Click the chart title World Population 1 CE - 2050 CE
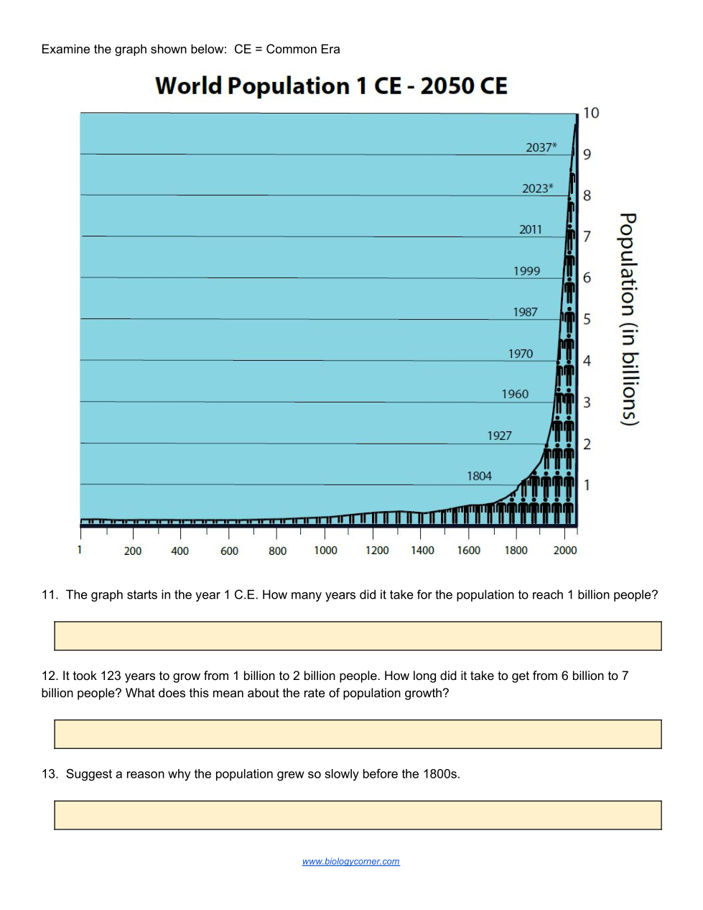point(331,86)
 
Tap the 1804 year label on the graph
point(479,476)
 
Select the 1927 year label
point(499,436)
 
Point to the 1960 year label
point(515,394)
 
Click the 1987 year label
point(525,312)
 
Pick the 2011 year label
point(531,229)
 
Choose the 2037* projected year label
point(541,147)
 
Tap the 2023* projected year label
point(537,188)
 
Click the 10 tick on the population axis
point(591,113)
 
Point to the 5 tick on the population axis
point(587,319)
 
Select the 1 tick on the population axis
point(587,485)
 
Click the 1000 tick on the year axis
point(325,551)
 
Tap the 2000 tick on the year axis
point(565,551)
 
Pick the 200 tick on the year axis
point(133,551)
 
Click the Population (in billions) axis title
point(628,319)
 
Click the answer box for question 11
point(358,636)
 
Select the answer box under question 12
point(358,734)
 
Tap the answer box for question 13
point(358,815)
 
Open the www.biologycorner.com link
point(351,861)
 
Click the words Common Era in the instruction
point(303,50)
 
